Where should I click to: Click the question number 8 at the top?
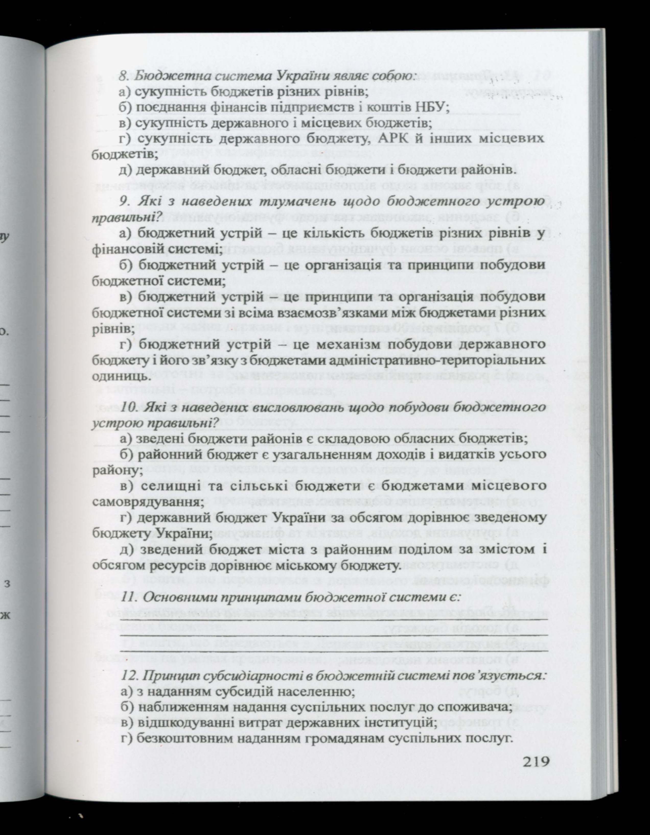point(122,75)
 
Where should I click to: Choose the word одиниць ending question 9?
point(117,376)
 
